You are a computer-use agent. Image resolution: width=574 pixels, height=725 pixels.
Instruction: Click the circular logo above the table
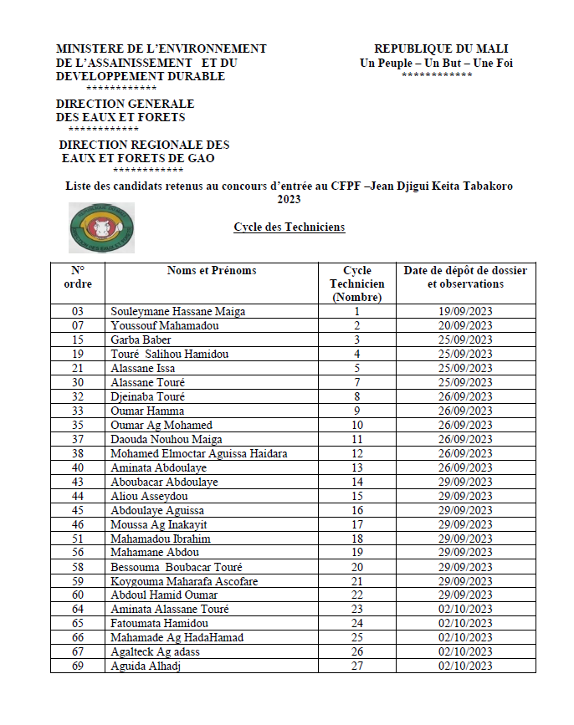point(101,227)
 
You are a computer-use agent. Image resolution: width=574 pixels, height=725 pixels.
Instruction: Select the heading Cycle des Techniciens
point(289,227)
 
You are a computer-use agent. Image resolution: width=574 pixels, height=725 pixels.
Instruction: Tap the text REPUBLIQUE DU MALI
point(440,49)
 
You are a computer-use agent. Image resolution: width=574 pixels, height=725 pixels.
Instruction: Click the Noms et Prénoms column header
point(212,271)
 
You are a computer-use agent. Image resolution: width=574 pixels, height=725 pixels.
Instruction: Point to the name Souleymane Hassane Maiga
point(178,312)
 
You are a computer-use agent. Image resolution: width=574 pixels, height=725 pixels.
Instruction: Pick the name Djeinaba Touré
point(147,396)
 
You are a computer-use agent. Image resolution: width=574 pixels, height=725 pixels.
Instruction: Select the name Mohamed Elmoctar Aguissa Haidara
point(199,453)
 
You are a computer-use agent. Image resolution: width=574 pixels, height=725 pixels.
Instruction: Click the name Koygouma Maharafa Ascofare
point(184,581)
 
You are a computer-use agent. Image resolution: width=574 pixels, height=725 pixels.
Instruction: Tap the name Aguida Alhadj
point(146,666)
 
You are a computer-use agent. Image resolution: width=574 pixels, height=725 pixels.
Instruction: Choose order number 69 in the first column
point(79,666)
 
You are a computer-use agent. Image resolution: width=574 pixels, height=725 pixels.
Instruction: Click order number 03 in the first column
point(79,312)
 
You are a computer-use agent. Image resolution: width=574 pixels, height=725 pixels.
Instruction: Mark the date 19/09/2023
point(466,312)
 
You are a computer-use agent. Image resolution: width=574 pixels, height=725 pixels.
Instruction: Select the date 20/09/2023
point(466,326)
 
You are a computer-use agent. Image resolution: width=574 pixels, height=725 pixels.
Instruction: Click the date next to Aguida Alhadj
point(466,666)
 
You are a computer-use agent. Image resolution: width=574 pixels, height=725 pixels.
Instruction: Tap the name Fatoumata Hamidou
point(154,624)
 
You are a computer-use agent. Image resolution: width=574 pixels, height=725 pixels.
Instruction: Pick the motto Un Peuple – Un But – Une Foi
point(436,63)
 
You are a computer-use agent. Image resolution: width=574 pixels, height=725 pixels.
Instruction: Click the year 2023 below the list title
point(289,200)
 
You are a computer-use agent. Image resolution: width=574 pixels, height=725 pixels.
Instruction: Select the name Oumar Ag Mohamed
point(161,425)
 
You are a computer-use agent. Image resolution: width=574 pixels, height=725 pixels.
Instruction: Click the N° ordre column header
point(79,278)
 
